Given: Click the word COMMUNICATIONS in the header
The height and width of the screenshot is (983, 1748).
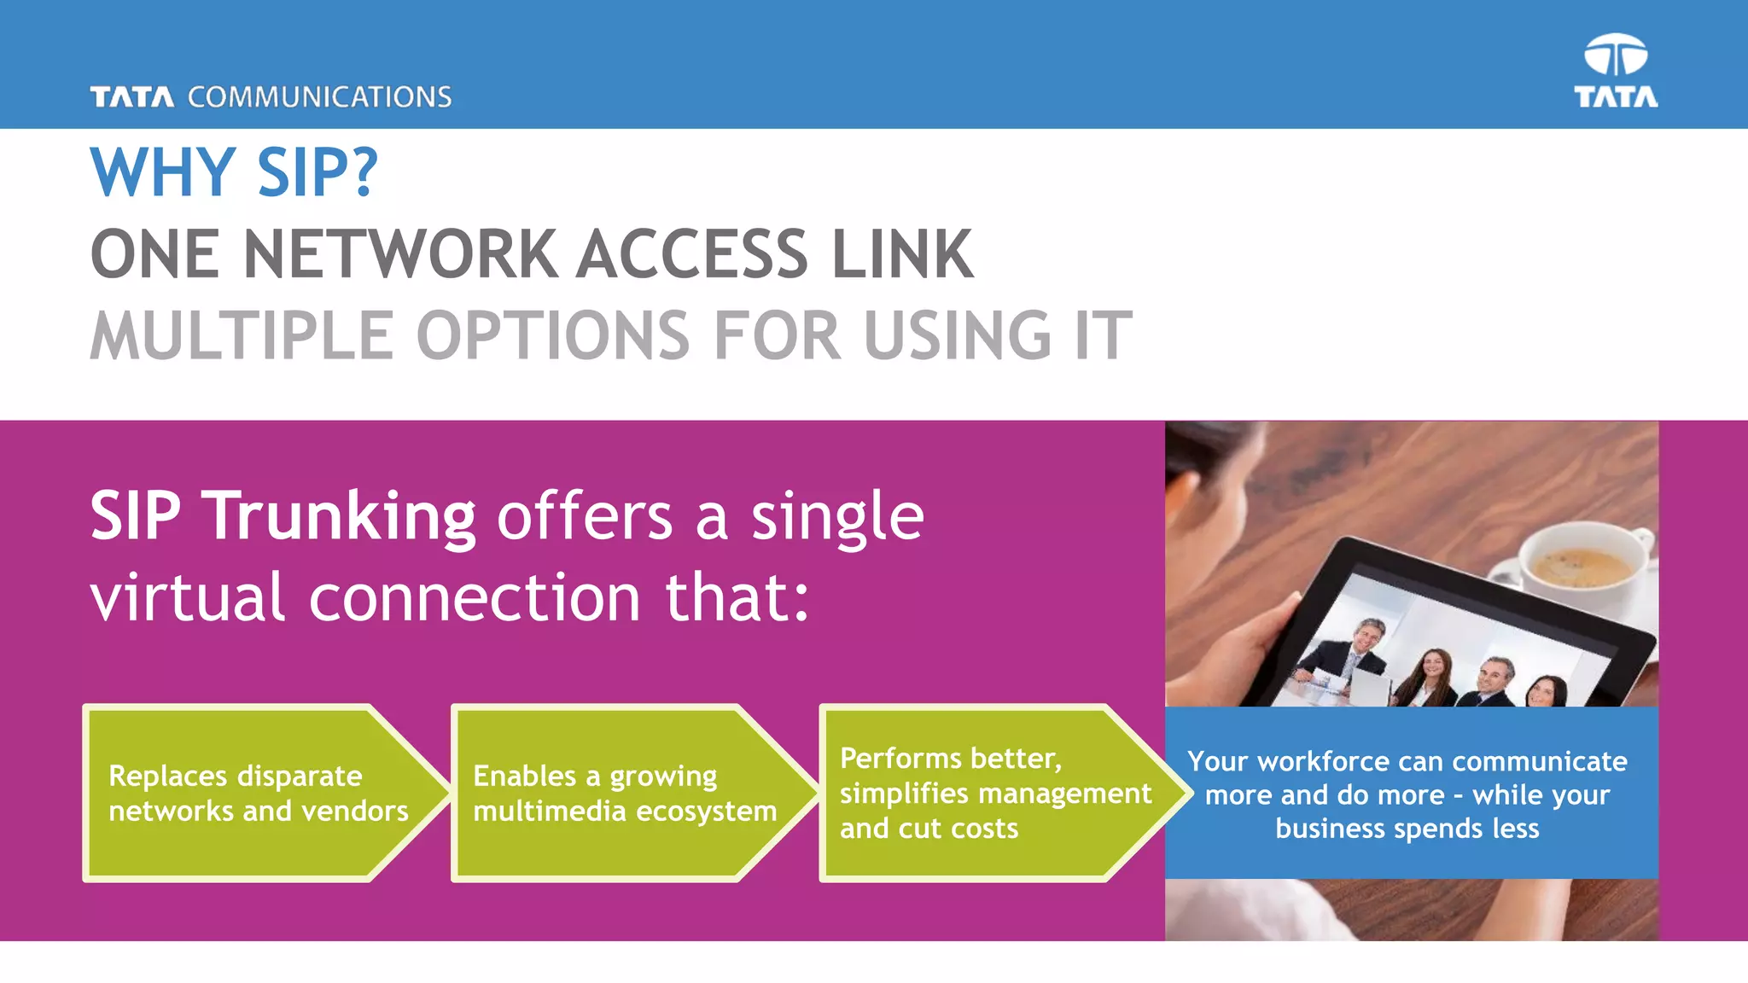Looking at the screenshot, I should (319, 97).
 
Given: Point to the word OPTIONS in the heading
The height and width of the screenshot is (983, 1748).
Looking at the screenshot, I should (553, 335).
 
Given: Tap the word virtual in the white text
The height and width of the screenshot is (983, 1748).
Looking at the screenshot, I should (187, 597).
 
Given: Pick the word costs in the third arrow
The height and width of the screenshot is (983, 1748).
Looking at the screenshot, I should (984, 829).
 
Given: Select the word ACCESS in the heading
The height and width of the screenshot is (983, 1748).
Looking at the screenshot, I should (691, 254).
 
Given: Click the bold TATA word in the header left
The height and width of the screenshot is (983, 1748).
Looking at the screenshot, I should (132, 97).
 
